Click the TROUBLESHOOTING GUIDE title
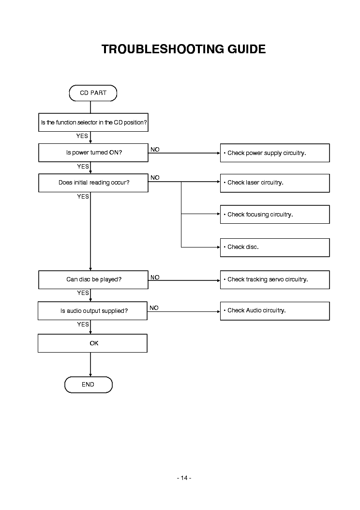[183, 49]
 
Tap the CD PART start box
[93, 93]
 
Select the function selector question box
[93, 123]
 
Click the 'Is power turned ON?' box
[93, 153]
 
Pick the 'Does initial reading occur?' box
[93, 183]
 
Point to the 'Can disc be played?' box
[93, 279]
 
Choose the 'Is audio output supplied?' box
[93, 311]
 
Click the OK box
[93, 343]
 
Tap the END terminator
[88, 385]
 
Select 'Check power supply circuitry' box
[274, 153]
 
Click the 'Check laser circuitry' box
[274, 183]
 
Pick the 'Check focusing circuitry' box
[274, 215]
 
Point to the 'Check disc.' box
[274, 247]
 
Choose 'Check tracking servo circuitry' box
[274, 279]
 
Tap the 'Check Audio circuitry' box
[274, 310]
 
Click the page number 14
[184, 478]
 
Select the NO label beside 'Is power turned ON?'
[155, 150]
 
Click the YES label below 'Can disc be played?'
[83, 293]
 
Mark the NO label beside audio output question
[154, 308]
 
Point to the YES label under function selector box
[82, 136]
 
